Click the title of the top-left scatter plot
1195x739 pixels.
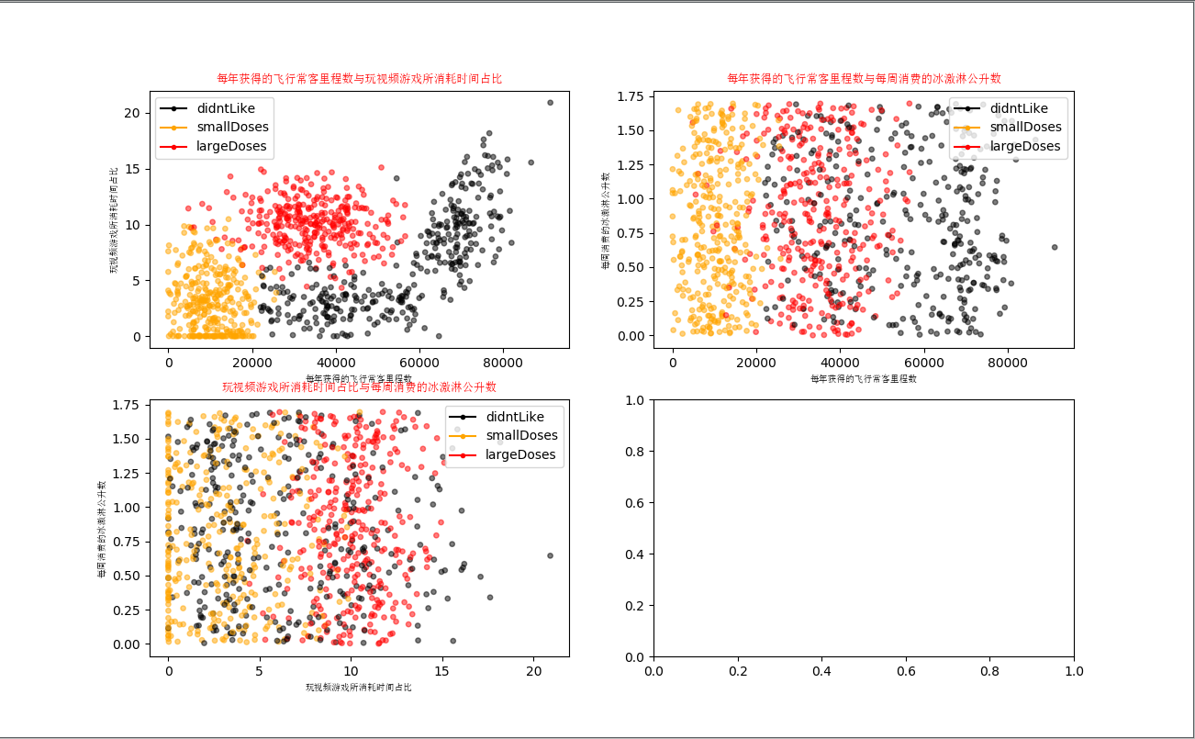tap(359, 79)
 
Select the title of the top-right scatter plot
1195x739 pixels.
tap(864, 79)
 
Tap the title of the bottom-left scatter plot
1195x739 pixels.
tap(359, 387)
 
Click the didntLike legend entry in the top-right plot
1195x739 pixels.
tap(1007, 108)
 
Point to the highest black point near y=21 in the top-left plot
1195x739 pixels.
tap(550, 103)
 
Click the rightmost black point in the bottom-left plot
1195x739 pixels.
tap(550, 555)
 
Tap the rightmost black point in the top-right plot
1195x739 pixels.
tap(1055, 247)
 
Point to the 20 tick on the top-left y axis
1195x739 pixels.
tap(134, 113)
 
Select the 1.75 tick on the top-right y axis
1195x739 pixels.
tap(636, 96)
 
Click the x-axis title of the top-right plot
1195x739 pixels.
tap(864, 378)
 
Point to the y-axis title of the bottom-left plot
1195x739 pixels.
tap(101, 529)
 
